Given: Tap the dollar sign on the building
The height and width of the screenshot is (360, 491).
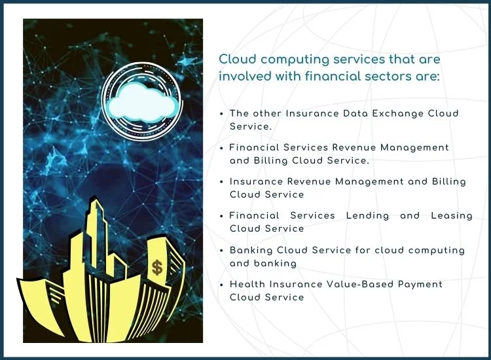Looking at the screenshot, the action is [157, 268].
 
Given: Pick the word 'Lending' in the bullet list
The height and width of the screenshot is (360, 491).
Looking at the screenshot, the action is [367, 216].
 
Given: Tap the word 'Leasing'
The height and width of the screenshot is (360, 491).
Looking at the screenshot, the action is [452, 216].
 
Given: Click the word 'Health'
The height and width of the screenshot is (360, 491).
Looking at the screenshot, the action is [247, 284].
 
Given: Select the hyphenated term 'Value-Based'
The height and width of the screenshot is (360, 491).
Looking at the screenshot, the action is [360, 284].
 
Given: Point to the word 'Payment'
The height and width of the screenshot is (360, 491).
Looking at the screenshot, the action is [420, 285].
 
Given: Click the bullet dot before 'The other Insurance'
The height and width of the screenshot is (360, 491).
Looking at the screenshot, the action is [221, 114].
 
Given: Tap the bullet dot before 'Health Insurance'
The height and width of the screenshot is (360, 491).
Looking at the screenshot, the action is [221, 285].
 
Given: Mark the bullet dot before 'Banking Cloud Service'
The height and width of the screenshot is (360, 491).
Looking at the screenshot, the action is [221, 251].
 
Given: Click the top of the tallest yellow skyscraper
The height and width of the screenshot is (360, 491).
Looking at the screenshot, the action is [94, 196].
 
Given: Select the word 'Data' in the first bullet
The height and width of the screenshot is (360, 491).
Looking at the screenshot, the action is [355, 113].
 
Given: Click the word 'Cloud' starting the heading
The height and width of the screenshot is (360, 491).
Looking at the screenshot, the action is [238, 59].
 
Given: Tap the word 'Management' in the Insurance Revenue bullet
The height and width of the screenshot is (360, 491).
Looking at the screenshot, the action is [369, 182].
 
